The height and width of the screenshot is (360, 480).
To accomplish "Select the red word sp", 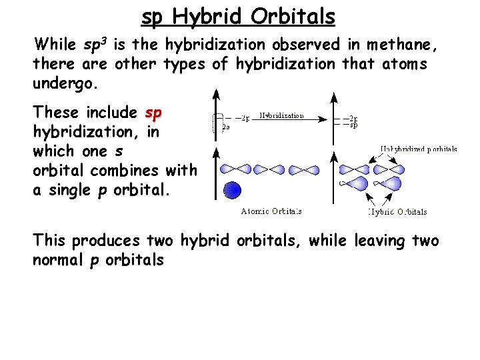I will click(153, 112).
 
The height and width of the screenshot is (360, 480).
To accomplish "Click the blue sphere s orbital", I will click(232, 191).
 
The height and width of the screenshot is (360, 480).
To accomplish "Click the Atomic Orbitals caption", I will click(271, 211).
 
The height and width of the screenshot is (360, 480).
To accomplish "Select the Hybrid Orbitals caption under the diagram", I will click(397, 212).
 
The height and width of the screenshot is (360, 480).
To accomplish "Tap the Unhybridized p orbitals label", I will click(419, 149).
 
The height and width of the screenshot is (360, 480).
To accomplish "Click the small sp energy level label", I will click(355, 125).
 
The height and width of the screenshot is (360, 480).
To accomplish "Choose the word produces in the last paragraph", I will click(107, 240).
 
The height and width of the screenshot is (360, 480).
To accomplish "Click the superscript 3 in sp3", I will click(105, 41).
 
